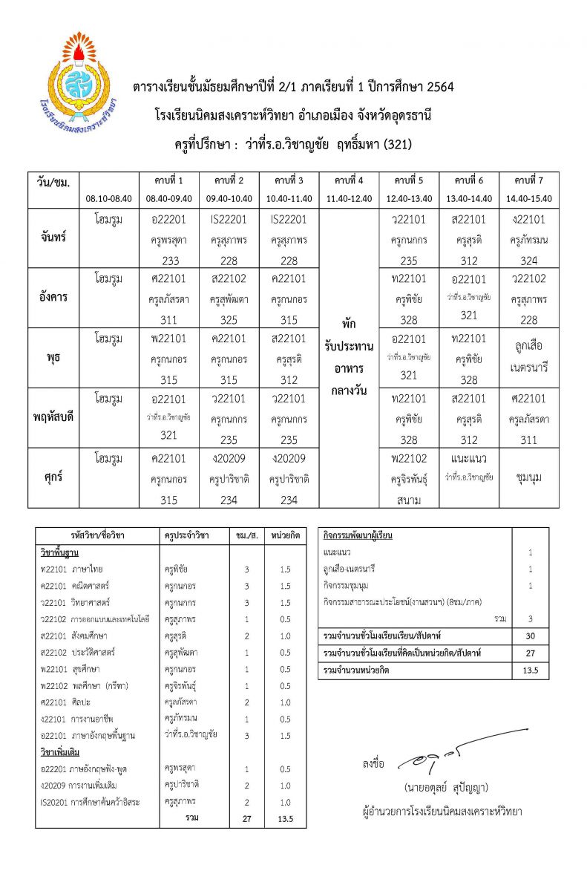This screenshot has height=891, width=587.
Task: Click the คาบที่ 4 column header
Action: point(348,180)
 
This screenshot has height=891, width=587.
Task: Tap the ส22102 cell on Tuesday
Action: point(229,279)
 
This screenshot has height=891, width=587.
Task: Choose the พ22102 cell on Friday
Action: point(408,458)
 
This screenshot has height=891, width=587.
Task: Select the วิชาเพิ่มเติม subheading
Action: point(61,751)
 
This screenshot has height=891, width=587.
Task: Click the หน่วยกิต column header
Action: point(285,535)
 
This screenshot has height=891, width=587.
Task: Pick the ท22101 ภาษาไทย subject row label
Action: point(72,569)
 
